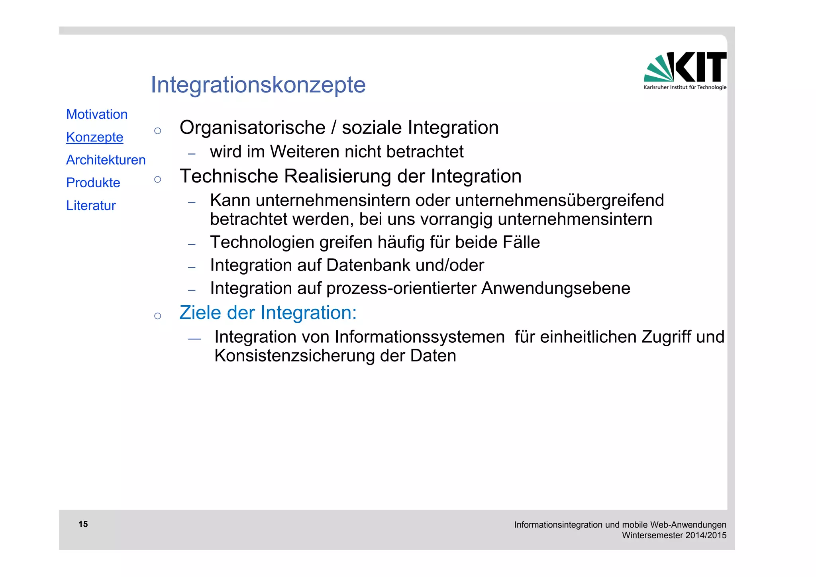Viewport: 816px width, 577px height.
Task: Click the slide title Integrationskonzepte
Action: [258, 85]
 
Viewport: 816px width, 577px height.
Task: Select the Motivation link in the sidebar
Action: [97, 114]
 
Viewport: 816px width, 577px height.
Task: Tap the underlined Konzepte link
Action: [94, 137]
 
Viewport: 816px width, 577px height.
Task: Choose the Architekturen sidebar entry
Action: [106, 160]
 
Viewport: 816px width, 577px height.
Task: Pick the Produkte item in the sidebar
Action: [93, 183]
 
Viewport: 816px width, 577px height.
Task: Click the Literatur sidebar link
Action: [91, 205]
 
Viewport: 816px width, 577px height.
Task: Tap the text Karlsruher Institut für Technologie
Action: [685, 87]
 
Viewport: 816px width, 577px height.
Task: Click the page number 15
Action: [83, 524]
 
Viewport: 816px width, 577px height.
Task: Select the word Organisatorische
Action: [252, 128]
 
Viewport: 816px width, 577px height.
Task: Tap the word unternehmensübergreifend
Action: [559, 200]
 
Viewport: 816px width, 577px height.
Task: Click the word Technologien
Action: [262, 242]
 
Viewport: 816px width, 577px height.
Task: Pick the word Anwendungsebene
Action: [555, 288]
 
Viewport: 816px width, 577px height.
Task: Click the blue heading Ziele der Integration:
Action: [268, 313]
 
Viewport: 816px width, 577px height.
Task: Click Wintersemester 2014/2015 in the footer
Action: [674, 536]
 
